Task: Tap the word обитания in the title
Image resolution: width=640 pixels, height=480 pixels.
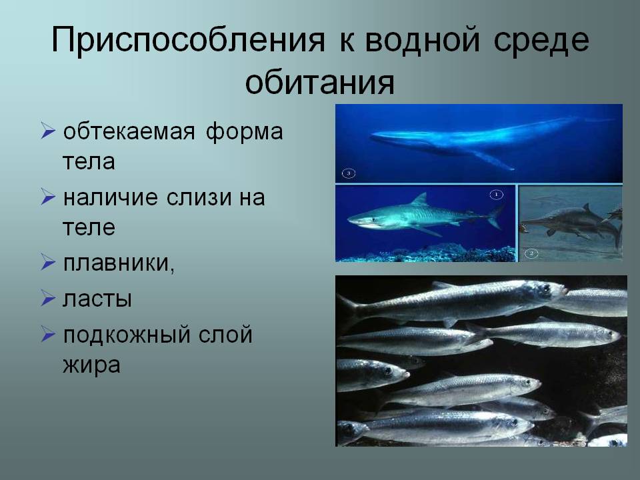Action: click(319, 83)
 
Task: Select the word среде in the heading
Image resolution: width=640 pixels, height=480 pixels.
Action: click(541, 41)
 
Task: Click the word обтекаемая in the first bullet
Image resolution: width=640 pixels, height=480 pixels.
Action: click(129, 132)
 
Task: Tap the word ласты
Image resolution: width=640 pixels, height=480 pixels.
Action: click(97, 299)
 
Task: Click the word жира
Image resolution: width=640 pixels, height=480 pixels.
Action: click(91, 365)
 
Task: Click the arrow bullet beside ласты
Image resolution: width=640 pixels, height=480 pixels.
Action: click(48, 298)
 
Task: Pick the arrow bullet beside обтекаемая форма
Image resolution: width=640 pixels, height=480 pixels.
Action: click(48, 131)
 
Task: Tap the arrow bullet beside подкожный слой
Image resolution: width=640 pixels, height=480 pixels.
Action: click(48, 334)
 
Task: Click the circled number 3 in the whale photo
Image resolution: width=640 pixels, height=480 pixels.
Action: click(349, 173)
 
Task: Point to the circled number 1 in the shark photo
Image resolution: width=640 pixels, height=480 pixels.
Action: click(496, 195)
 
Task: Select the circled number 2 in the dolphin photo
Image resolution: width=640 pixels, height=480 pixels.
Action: click(531, 253)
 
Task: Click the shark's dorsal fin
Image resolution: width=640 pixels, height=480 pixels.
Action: click(419, 200)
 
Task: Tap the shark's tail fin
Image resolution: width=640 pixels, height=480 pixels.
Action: click(495, 217)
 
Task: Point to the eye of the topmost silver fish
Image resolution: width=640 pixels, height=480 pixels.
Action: click(546, 288)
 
